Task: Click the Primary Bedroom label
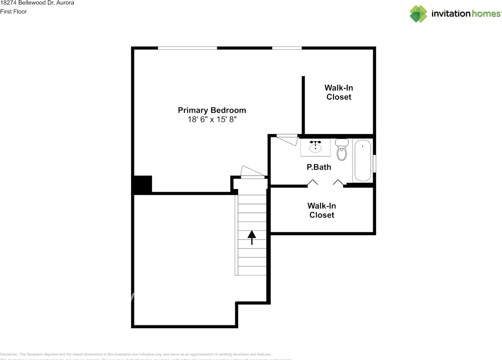click(x=212, y=110)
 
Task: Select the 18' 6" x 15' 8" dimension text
click(x=212, y=120)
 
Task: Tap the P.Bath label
click(x=318, y=167)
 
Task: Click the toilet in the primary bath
click(x=342, y=151)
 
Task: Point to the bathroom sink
click(x=315, y=147)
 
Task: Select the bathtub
click(x=362, y=161)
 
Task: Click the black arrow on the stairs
click(x=252, y=237)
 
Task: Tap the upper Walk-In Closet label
click(x=338, y=92)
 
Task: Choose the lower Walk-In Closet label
click(x=322, y=210)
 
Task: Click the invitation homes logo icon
click(x=418, y=14)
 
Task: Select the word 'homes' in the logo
click(x=486, y=14)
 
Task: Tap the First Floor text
click(x=13, y=11)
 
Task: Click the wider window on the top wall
click(x=187, y=48)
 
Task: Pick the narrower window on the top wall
click(x=287, y=48)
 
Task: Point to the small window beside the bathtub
click(x=375, y=164)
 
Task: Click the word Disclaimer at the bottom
click(x=9, y=354)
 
